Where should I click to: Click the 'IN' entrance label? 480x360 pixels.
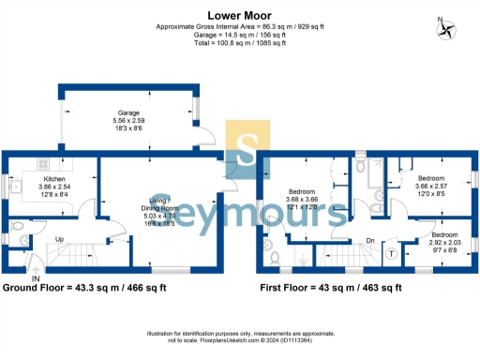pyautogui.click(x=35, y=277)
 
